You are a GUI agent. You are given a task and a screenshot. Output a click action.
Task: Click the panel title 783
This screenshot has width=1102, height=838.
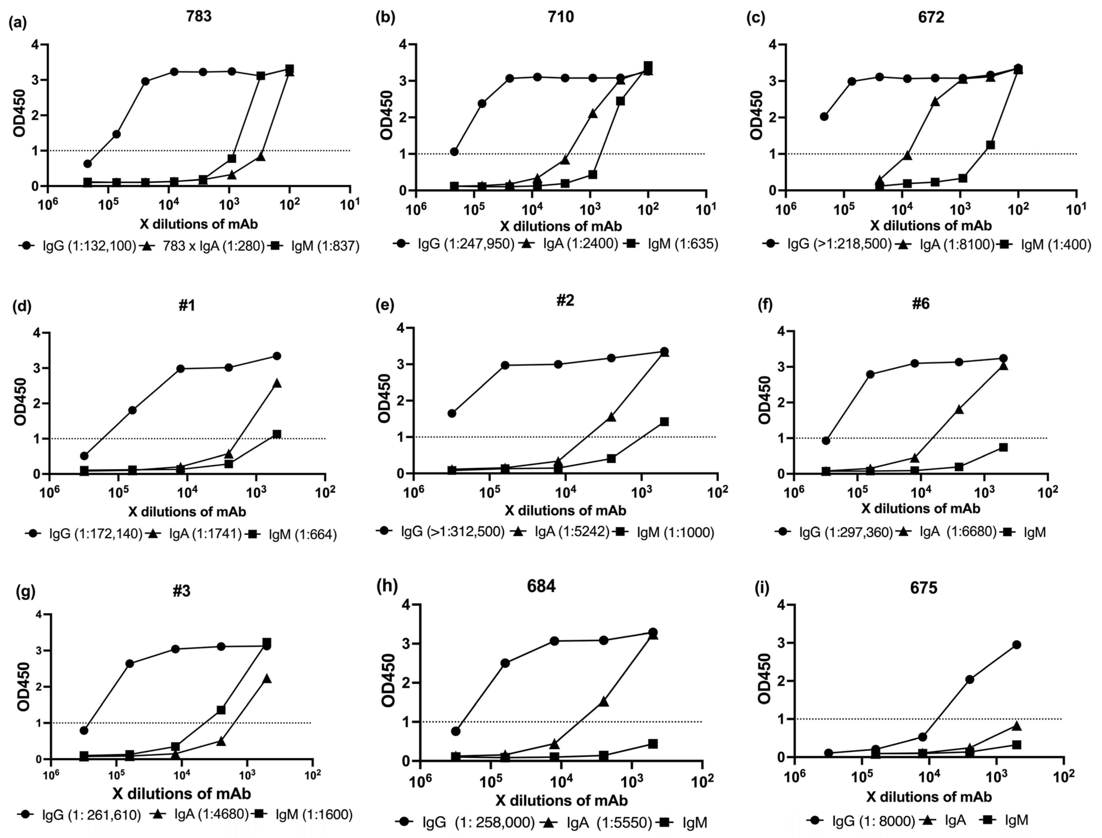click(x=199, y=16)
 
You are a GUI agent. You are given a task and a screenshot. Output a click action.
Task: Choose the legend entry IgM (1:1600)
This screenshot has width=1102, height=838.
click(x=314, y=815)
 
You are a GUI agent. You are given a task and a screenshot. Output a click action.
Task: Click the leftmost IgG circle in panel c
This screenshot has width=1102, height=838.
click(x=824, y=117)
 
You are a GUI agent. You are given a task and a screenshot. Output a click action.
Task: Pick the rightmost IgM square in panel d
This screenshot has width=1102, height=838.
click(x=277, y=434)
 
